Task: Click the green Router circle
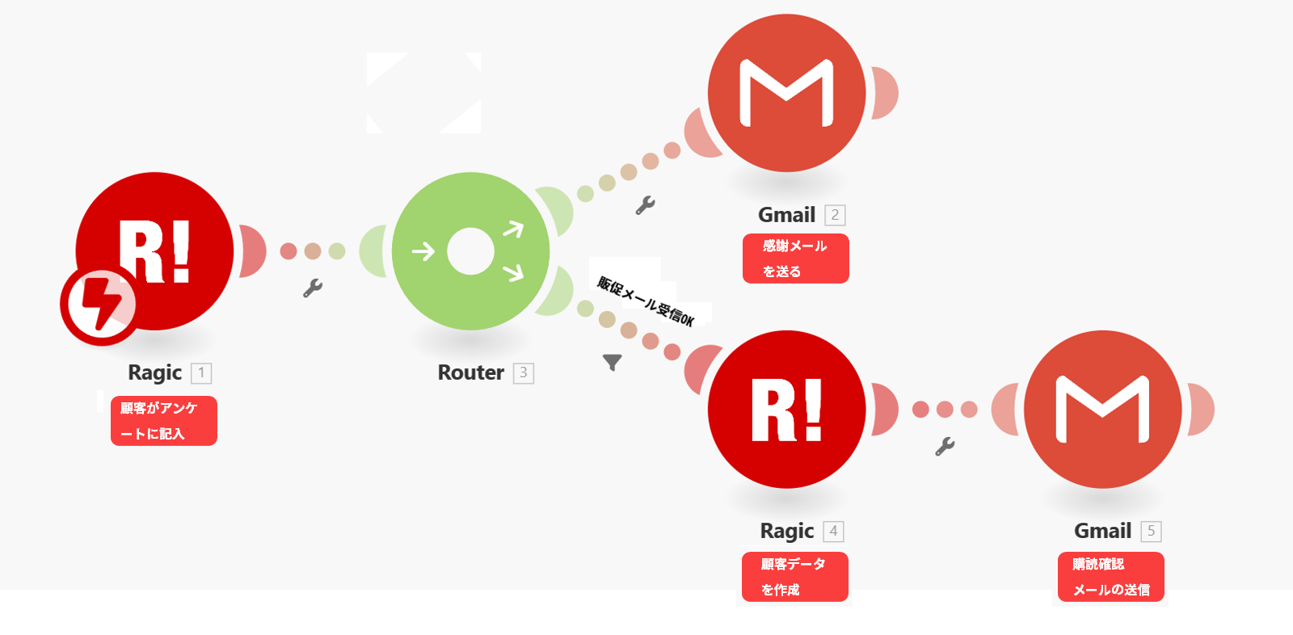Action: (x=470, y=251)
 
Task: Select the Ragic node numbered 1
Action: (x=154, y=251)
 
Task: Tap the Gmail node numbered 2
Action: (x=786, y=93)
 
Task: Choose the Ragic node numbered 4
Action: (x=786, y=410)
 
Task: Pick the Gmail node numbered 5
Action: (x=1102, y=410)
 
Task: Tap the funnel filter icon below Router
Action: (x=613, y=363)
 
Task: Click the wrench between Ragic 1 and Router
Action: (x=313, y=288)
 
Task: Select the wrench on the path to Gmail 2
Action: (x=645, y=205)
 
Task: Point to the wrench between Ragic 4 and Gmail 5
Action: (x=945, y=446)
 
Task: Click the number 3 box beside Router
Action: (x=524, y=373)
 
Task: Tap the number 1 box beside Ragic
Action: (x=201, y=373)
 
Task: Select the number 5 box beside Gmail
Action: (x=1152, y=532)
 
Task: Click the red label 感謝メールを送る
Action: (x=796, y=259)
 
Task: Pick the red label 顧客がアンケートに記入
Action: (x=164, y=421)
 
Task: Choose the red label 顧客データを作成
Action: (x=795, y=577)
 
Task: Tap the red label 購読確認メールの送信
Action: (x=1111, y=577)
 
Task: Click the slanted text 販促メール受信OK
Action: (x=646, y=301)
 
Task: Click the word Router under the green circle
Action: (x=470, y=372)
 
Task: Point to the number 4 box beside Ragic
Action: (x=833, y=532)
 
